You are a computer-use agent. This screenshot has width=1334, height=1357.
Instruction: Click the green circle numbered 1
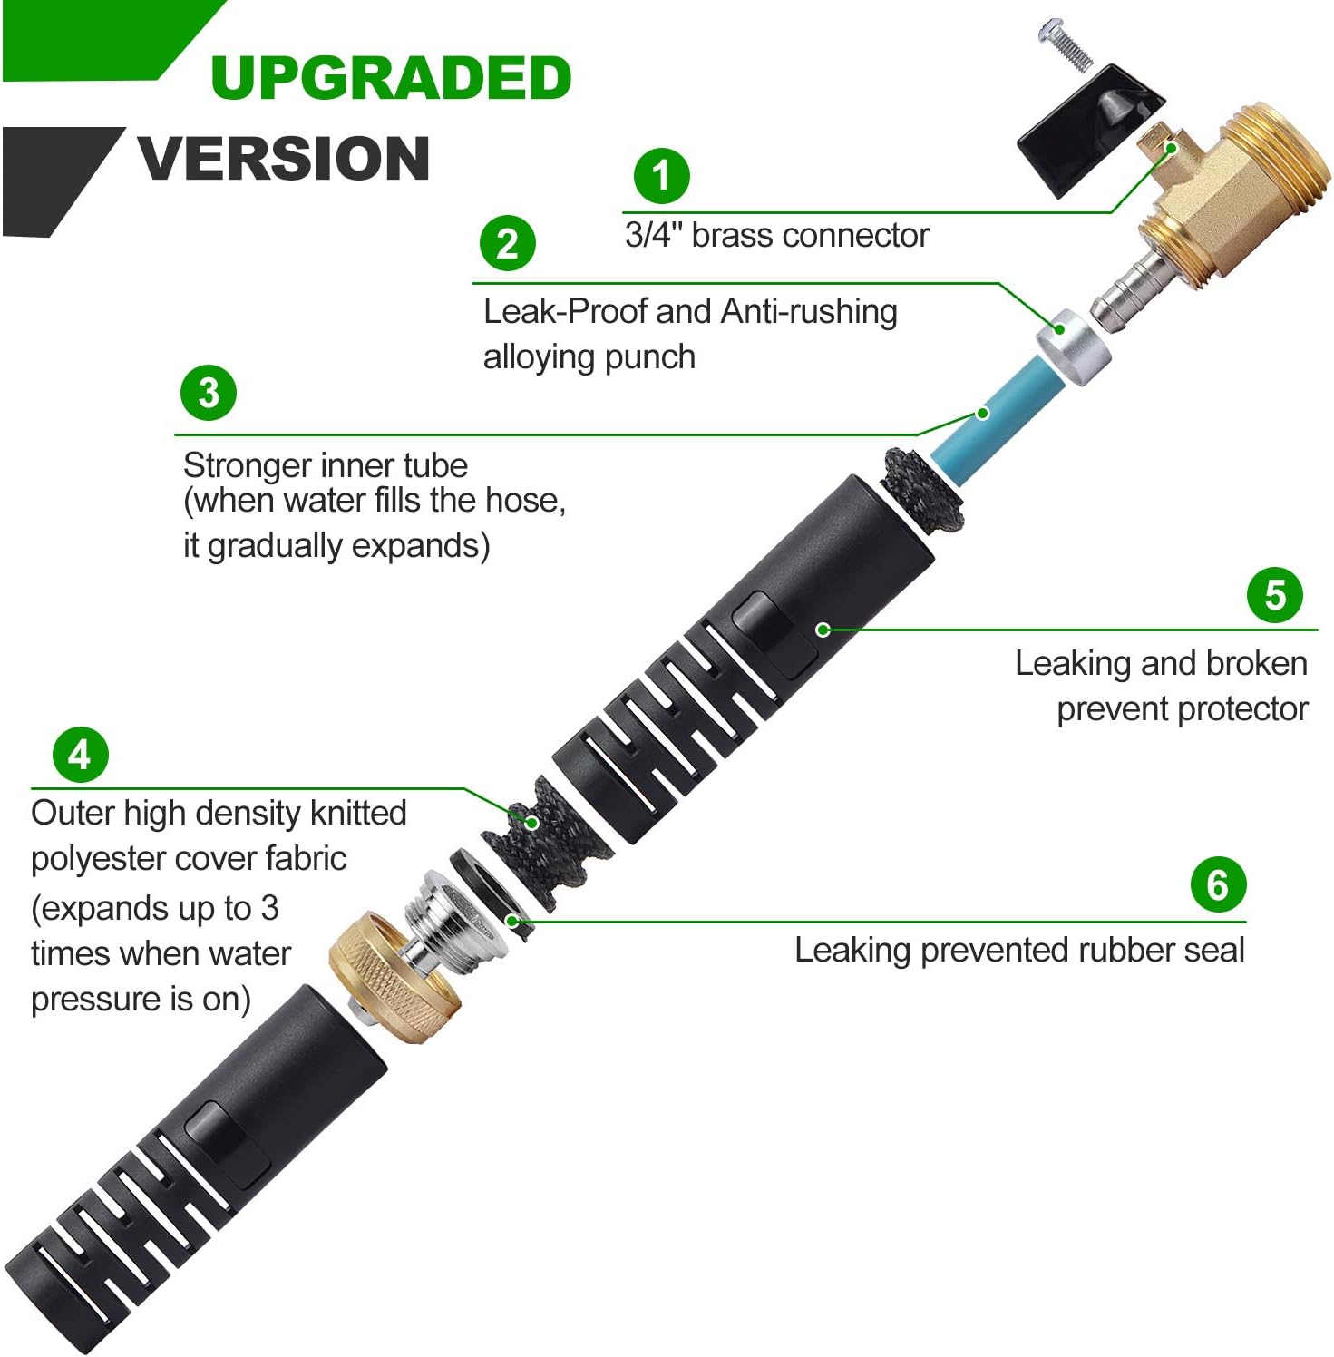[661, 176]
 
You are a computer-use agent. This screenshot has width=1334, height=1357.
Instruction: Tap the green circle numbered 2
[508, 243]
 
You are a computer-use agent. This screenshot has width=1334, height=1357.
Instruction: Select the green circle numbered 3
[209, 393]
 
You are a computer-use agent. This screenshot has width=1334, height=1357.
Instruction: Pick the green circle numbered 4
[80, 755]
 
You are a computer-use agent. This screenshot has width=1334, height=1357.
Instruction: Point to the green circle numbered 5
[1275, 596]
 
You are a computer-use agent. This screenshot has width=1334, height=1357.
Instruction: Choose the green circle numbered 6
[1218, 885]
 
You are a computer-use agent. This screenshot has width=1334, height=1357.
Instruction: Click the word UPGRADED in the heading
[391, 78]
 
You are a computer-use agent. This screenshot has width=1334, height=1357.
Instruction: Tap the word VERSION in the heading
[284, 159]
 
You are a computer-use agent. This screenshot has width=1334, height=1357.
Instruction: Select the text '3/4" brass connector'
[776, 236]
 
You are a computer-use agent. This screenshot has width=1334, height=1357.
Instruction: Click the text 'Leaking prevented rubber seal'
[1019, 951]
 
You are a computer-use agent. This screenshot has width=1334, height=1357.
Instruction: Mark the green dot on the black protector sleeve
[823, 629]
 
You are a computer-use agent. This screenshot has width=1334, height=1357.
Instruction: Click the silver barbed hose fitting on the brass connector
[1125, 290]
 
